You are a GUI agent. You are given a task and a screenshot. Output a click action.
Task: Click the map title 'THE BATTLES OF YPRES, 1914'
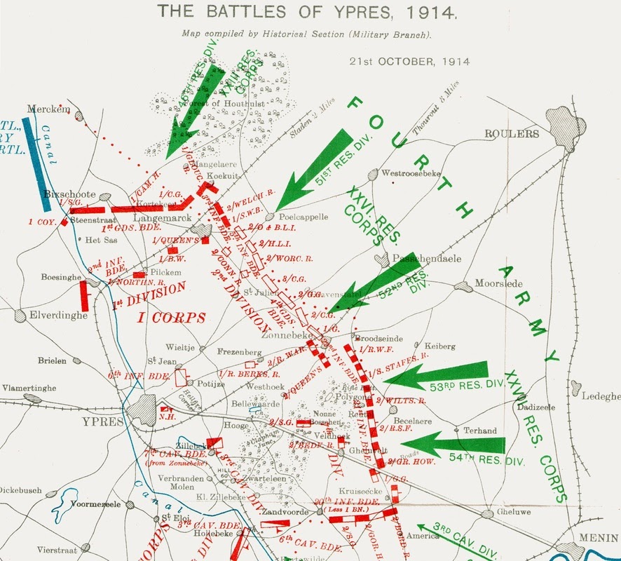[x=307, y=12]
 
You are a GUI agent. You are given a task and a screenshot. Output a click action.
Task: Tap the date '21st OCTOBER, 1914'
[x=410, y=61]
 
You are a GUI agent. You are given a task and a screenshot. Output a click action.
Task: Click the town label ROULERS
[x=512, y=134]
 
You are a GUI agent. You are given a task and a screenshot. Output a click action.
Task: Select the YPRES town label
[x=102, y=422]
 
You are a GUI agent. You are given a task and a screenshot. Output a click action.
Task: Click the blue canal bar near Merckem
[x=35, y=164]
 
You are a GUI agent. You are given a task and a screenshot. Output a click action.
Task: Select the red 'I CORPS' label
[x=171, y=318]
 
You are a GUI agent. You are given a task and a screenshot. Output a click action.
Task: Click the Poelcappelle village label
[x=303, y=217]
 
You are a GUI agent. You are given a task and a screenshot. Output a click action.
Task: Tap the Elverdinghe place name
[x=58, y=316]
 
